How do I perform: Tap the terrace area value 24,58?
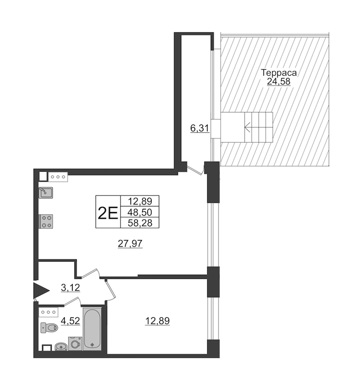(x=279, y=81)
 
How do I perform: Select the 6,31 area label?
(x=200, y=129)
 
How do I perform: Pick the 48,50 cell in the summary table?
(x=140, y=212)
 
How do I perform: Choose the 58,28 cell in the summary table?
(x=140, y=223)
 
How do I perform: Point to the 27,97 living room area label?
(x=130, y=243)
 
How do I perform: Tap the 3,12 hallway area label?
(x=71, y=287)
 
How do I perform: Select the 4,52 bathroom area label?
(x=71, y=321)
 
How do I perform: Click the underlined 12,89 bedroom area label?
(x=157, y=321)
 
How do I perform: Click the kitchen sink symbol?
(x=46, y=193)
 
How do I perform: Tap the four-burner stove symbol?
(x=46, y=221)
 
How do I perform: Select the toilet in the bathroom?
(x=49, y=327)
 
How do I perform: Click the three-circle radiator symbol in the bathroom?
(x=49, y=312)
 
